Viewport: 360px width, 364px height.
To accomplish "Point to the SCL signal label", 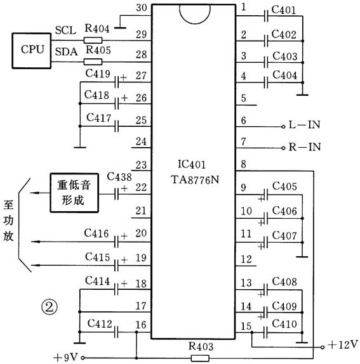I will click(65, 30).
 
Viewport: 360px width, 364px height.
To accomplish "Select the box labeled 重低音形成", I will click(76, 193).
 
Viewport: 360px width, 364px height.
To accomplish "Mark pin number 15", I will click(246, 326).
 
